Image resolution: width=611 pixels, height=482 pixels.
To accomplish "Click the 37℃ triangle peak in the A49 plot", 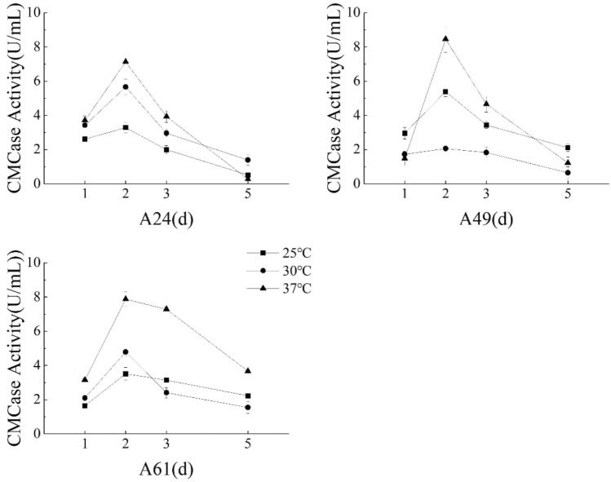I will (x=445, y=38).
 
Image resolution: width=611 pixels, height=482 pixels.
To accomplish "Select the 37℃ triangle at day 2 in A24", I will (x=126, y=61).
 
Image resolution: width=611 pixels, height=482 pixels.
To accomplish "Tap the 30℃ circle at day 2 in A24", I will (x=126, y=86).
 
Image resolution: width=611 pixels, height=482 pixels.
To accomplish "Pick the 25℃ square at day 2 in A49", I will (x=445, y=92).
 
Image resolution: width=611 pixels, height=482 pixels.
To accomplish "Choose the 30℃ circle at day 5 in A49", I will (x=567, y=172).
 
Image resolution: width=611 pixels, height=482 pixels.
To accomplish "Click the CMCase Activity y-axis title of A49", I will (x=335, y=98).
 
